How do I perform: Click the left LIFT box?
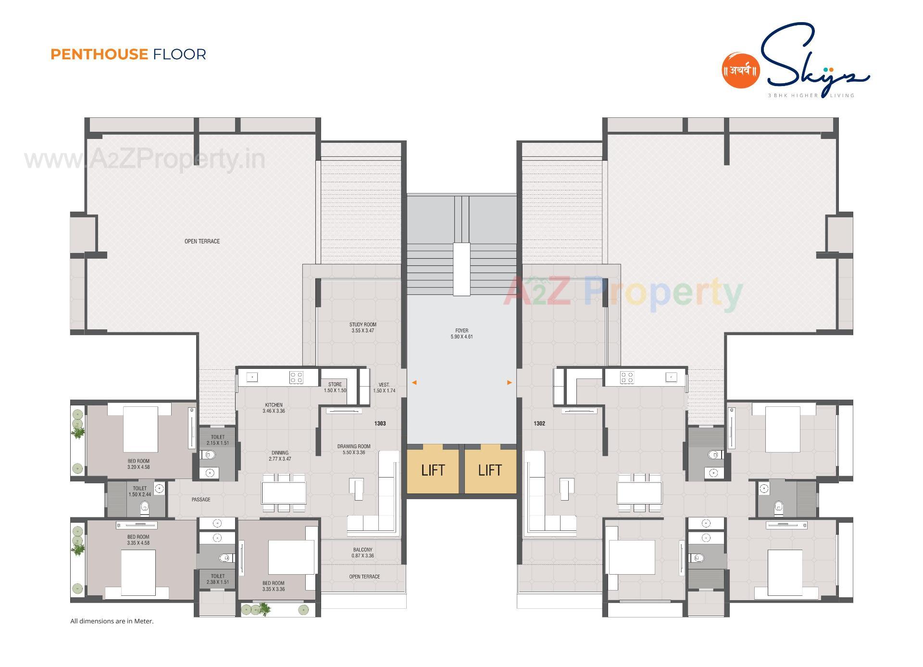433,470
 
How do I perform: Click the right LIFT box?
490,470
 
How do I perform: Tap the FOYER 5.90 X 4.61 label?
461,334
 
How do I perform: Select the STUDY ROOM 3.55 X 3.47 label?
362,327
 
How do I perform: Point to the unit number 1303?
380,424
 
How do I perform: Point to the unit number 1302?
539,424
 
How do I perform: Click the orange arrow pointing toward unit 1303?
414,383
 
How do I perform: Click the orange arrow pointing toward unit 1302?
510,383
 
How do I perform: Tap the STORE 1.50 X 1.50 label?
335,388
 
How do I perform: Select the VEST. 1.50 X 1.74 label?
384,388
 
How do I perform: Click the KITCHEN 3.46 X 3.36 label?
274,408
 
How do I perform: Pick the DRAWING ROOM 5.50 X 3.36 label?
354,449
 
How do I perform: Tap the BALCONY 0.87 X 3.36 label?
362,553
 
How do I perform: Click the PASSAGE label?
201,500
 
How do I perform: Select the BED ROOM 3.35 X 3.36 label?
274,586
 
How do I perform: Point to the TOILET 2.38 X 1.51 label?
218,579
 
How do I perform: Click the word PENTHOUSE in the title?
99,54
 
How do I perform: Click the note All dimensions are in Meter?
112,621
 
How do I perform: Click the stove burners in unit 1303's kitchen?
296,377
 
